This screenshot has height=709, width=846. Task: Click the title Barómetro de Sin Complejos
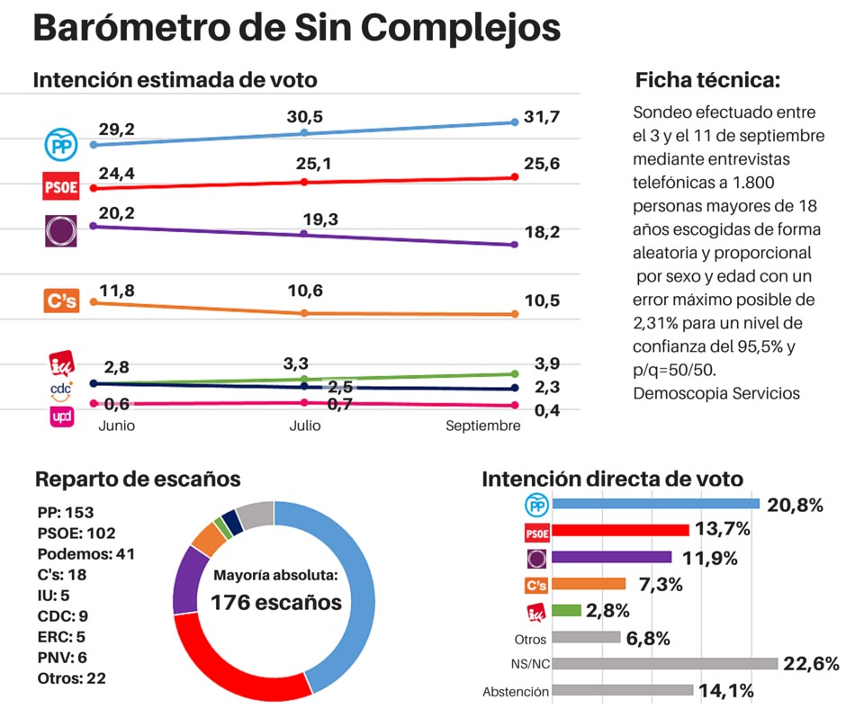click(296, 30)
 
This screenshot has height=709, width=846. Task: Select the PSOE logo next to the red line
click(61, 187)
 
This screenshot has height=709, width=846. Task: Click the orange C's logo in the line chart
click(61, 301)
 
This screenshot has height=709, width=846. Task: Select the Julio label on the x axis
click(304, 426)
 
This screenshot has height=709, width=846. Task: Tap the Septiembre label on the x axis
click(482, 426)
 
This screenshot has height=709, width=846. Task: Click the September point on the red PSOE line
click(515, 177)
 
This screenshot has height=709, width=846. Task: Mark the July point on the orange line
click(304, 313)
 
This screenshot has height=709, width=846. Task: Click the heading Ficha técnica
click(706, 80)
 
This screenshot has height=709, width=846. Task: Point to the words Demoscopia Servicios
click(716, 393)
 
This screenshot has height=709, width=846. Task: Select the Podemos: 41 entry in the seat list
click(86, 553)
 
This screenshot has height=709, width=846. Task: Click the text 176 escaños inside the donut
click(276, 602)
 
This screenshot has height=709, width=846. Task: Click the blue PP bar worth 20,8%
click(656, 504)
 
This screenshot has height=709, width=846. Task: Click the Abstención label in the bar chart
click(515, 692)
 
